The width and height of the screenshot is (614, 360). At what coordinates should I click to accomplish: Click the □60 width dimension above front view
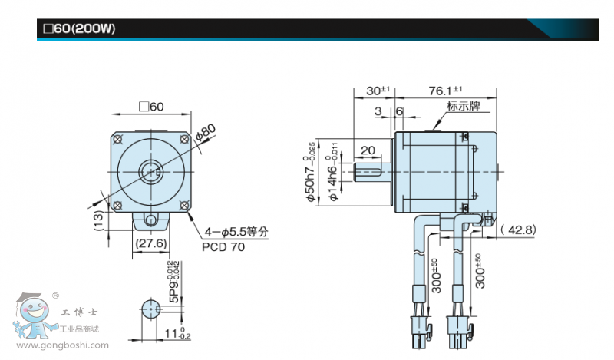click(150, 107)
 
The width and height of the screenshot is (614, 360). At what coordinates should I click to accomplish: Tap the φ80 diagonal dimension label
click(206, 133)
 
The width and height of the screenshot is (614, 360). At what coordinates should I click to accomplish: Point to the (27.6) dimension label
click(151, 243)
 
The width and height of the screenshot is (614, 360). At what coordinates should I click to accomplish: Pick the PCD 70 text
click(223, 247)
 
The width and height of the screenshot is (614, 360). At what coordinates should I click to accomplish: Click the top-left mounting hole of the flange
click(118, 138)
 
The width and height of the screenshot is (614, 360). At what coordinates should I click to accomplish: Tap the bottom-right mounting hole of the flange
click(184, 205)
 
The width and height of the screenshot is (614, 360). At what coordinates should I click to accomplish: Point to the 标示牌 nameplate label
click(464, 107)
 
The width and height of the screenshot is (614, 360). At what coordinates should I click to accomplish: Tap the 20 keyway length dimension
click(367, 150)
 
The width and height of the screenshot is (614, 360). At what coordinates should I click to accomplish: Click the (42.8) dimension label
click(517, 229)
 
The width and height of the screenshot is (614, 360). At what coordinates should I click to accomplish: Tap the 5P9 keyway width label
click(173, 284)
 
